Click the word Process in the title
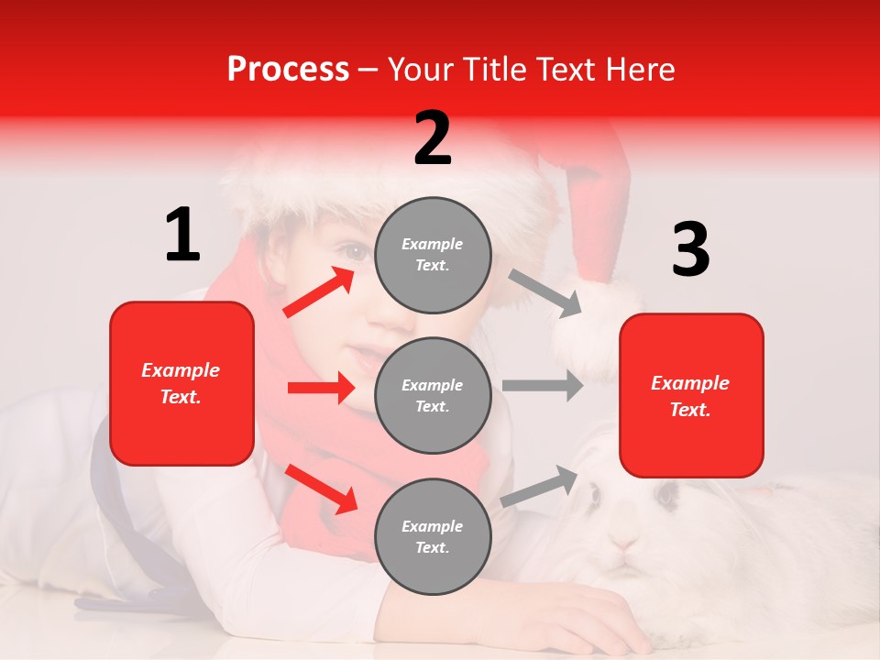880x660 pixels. [288, 70]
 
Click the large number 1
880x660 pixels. [182, 236]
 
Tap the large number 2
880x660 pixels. [433, 138]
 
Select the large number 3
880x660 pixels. [690, 250]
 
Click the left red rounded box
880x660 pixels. [181, 383]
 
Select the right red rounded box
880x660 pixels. [691, 396]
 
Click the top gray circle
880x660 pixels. [433, 255]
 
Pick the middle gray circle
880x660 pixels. [433, 395]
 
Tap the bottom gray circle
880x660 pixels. [433, 536]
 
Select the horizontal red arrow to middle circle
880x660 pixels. [321, 389]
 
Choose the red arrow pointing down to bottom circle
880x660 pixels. [321, 488]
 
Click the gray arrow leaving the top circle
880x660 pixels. [545, 292]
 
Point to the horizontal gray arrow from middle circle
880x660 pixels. [543, 385]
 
